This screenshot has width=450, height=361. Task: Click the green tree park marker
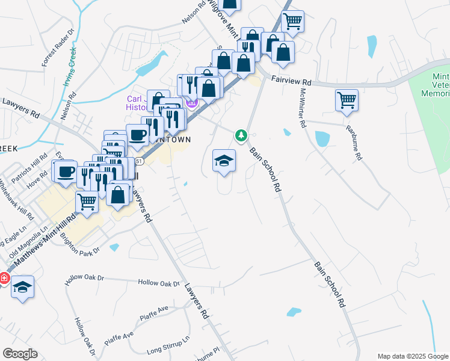click(242, 135)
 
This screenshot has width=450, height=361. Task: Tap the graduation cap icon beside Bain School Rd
click(224, 161)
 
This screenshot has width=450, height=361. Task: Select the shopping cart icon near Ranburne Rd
click(347, 100)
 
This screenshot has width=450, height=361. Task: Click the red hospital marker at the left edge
click(3, 279)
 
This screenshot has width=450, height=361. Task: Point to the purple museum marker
click(192, 103)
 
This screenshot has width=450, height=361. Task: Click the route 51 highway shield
click(140, 161)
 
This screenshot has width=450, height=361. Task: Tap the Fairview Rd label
click(291, 80)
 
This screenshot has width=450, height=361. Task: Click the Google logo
click(20, 353)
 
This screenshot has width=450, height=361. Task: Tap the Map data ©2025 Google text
click(412, 356)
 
